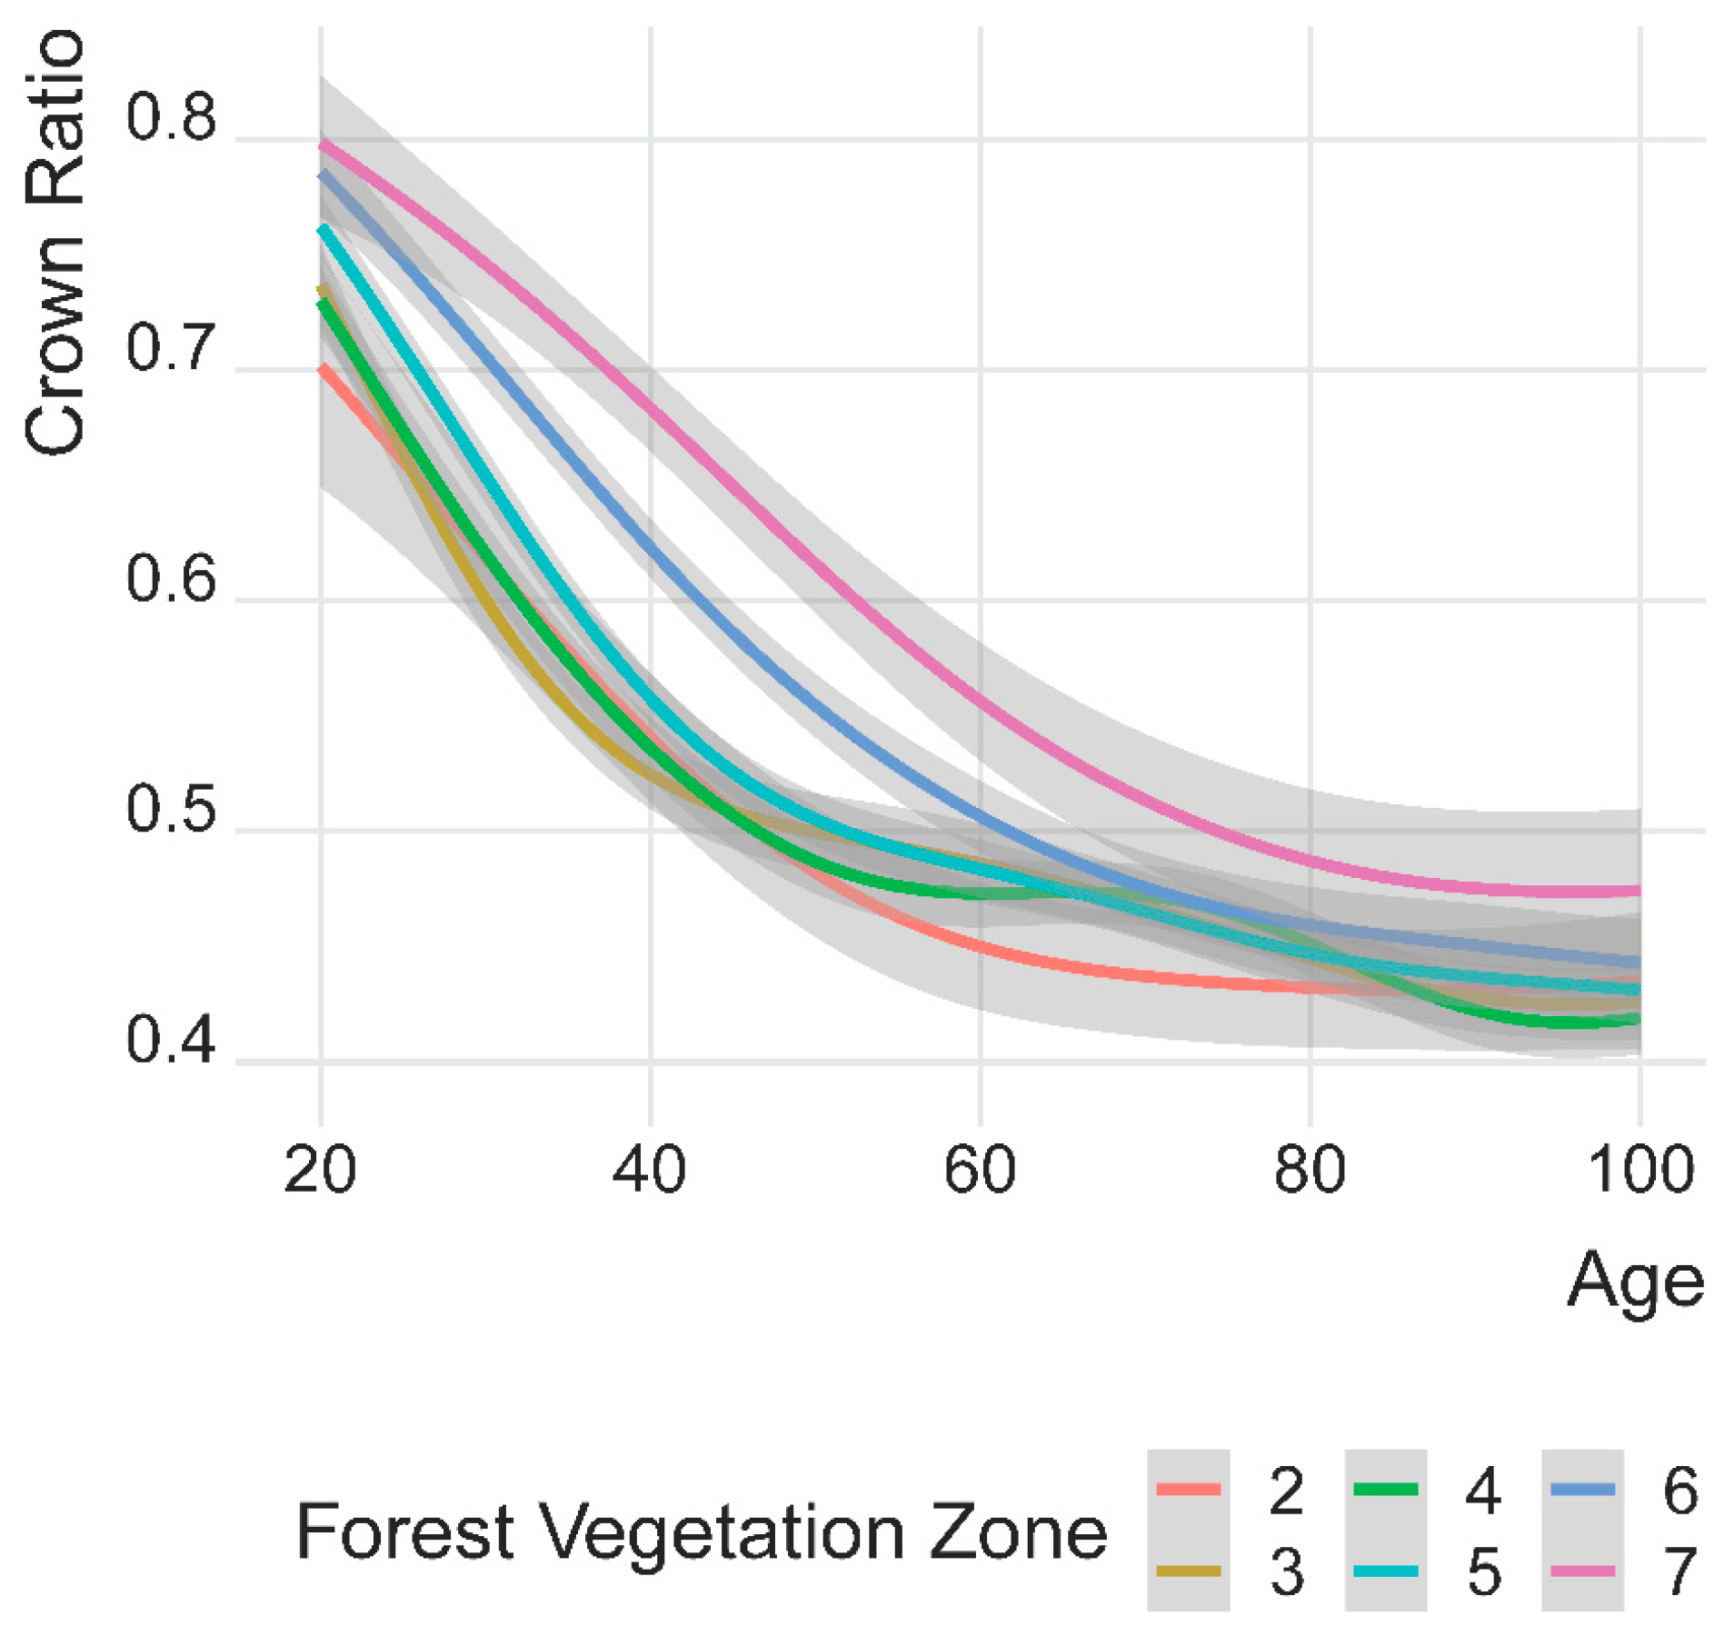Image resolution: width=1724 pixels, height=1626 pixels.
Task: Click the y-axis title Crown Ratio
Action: coord(55,241)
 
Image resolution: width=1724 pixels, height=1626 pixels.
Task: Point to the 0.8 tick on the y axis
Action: coord(171,119)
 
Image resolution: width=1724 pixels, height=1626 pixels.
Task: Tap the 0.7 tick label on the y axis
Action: coord(171,350)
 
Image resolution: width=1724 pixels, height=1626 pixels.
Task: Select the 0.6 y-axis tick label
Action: coord(171,581)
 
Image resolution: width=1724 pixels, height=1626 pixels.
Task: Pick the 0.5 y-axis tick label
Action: coord(171,811)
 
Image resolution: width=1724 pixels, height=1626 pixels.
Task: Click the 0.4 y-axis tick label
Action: coord(171,1042)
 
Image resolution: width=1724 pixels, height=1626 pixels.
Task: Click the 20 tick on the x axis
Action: coord(320,1172)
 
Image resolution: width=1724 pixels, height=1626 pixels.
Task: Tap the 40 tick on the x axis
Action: coord(649,1172)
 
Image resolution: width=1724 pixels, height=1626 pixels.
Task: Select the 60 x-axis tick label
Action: coord(979,1172)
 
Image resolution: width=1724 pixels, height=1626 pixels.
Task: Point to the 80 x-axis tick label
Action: coord(1309,1172)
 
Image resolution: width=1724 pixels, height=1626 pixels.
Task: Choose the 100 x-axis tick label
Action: coord(1639,1172)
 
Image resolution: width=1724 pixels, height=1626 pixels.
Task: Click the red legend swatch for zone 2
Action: coord(1188,1490)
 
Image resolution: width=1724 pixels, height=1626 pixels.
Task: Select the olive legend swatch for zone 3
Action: coord(1188,1571)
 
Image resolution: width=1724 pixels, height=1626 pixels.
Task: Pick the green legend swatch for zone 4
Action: coord(1385,1490)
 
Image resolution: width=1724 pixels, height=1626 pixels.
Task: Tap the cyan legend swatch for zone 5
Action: coord(1385,1571)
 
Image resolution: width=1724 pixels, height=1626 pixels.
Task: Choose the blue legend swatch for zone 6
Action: coord(1582,1490)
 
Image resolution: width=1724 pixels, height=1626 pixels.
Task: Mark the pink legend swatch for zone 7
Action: coord(1582,1571)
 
